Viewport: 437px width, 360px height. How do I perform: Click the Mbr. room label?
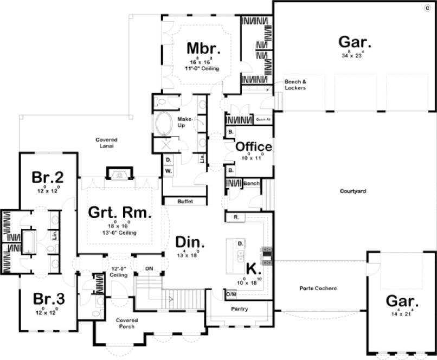click(203, 48)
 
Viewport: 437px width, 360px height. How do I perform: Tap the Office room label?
click(253, 146)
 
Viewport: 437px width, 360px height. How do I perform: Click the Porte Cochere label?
click(318, 288)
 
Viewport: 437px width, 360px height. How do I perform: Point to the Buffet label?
click(185, 202)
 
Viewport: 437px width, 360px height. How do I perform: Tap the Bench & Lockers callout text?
click(295, 85)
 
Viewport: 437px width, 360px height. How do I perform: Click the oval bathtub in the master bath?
click(163, 124)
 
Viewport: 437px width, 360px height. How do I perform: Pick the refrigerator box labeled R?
click(236, 217)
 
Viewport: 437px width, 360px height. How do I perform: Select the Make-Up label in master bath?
click(182, 122)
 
